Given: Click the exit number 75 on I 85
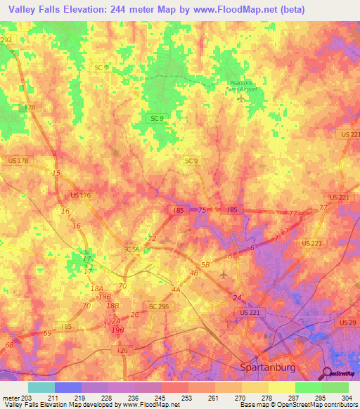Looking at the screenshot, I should click(x=202, y=210).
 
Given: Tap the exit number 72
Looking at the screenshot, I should click(x=151, y=239).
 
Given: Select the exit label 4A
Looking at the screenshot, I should click(x=175, y=289).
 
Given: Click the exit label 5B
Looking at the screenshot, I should click(x=205, y=265).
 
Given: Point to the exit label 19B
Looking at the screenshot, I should click(x=118, y=330).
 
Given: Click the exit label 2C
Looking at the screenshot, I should click(x=134, y=314).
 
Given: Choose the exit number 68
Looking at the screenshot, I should click(x=9, y=345).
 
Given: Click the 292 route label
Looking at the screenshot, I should click(x=6, y=41).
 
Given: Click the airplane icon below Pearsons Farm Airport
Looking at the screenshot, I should click(x=242, y=97).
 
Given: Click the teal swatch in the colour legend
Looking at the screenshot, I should click(x=41, y=387).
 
